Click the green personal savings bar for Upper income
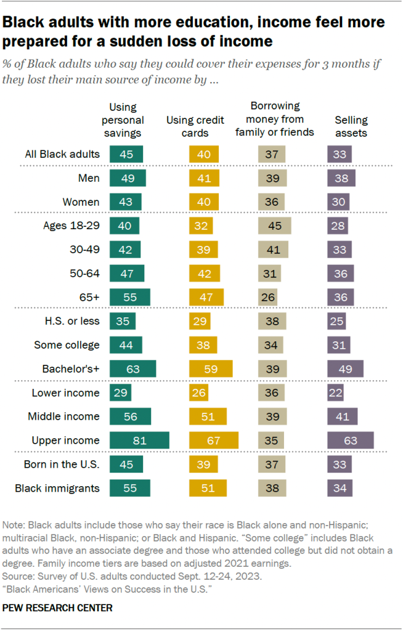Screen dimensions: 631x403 pyautogui.click(x=139, y=440)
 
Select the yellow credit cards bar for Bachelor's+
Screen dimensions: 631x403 pyautogui.click(x=210, y=368)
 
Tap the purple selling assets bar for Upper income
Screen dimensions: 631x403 pyautogui.click(x=350, y=440)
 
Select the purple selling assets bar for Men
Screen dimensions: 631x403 pyautogui.click(x=341, y=178)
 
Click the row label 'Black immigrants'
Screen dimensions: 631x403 pyautogui.click(x=57, y=489)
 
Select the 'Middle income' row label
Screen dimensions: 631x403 pyautogui.click(x=63, y=416)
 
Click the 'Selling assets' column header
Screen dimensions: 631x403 pyautogui.click(x=351, y=126)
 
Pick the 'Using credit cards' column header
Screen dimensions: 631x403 pyautogui.click(x=195, y=126)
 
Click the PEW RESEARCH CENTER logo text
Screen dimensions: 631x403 pyautogui.click(x=57, y=608)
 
